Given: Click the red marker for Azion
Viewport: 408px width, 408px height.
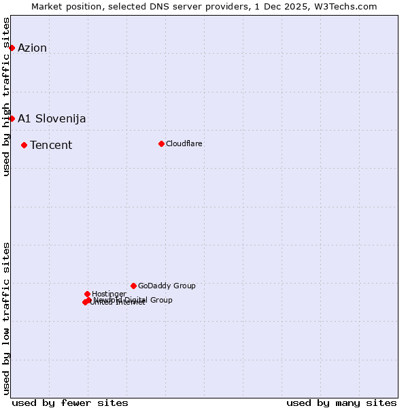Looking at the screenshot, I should (x=12, y=48).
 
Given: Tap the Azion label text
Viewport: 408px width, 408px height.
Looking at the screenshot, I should (x=32, y=48).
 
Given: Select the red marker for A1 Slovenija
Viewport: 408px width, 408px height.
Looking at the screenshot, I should (x=12, y=118).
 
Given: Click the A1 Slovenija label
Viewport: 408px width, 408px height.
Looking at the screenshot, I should (x=52, y=118).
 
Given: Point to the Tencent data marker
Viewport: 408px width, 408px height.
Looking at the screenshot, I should (x=24, y=145).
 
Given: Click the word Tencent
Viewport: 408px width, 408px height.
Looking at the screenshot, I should (x=51, y=145).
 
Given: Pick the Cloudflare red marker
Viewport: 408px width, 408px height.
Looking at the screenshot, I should (x=161, y=143).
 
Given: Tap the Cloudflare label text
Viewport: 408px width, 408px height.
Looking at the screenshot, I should (x=184, y=143).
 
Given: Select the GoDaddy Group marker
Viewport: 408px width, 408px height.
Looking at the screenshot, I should (x=133, y=286).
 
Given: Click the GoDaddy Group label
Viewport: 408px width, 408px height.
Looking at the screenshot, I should (x=167, y=286).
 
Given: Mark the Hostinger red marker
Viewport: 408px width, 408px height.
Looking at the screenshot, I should (x=87, y=294).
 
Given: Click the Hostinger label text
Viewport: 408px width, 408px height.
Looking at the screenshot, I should (x=109, y=294).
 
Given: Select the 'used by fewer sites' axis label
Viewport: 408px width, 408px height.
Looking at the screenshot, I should (x=70, y=403).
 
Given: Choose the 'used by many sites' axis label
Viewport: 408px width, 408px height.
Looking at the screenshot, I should (x=341, y=403).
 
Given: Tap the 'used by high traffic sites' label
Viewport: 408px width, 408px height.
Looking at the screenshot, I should (x=6, y=96).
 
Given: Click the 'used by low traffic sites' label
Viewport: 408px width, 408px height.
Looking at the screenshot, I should (x=6, y=318).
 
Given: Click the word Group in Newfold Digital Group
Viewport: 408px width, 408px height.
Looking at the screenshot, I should (x=160, y=300).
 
